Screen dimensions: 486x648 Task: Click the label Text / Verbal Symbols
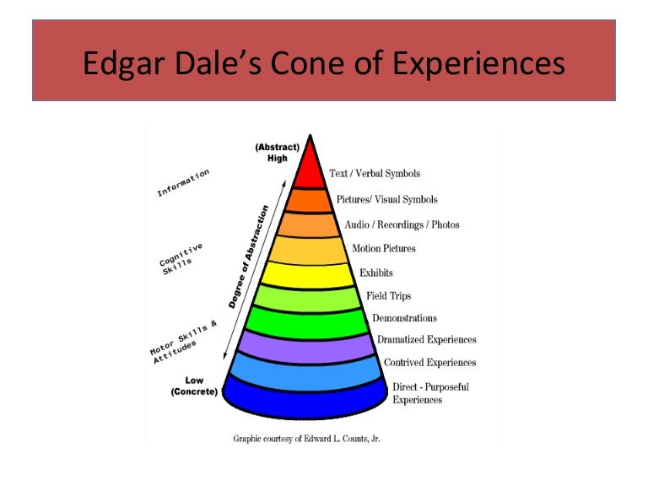point(374,174)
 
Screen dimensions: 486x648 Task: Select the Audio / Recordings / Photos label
point(402,224)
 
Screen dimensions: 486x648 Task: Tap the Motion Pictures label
point(384,248)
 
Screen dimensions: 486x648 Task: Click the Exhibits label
point(376,273)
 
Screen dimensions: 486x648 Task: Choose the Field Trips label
point(388,296)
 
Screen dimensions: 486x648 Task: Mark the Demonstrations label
point(404,318)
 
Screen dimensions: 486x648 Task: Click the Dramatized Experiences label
point(426,340)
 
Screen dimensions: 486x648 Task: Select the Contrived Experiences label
point(429,363)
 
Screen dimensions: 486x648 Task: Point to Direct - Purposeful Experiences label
point(430,393)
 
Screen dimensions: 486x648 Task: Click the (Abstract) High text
point(278,153)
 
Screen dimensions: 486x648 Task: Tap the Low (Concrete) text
point(195,386)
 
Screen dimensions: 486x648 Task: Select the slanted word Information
point(183,183)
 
